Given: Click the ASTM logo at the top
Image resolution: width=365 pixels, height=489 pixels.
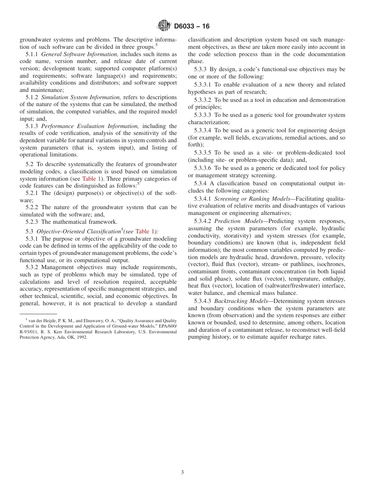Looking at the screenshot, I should tap(164, 26).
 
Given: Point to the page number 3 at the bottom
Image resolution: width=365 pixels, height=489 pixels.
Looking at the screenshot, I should tap(182, 472).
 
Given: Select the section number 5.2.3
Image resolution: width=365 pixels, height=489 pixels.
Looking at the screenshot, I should tap(33, 222).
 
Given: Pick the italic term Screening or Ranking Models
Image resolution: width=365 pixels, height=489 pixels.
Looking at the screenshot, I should tap(252, 199).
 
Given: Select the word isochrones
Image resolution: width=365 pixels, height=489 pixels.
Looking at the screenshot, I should tap(332, 264).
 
